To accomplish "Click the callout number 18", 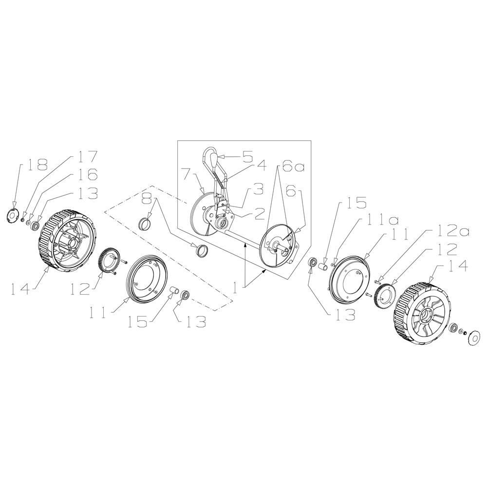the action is point(37,165).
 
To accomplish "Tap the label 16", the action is point(88,175).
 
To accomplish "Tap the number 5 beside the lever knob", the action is point(248,157).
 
